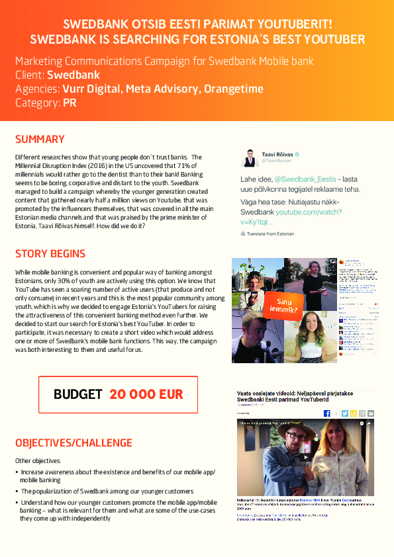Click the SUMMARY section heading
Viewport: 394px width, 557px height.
coord(40,139)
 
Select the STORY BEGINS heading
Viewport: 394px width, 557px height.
coord(50,254)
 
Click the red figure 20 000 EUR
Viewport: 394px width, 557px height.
coord(146,394)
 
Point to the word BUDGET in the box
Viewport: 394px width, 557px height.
coord(78,394)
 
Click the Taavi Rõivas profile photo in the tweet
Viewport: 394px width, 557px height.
coord(250,157)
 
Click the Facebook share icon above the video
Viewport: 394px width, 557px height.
coord(326,413)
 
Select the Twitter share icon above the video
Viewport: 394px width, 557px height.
coord(344,413)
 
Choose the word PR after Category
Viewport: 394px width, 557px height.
coord(70,103)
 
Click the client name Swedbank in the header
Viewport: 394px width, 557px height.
coord(74,75)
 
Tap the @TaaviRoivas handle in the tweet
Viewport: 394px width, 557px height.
coord(277,161)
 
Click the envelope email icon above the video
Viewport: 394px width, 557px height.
coord(370,413)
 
